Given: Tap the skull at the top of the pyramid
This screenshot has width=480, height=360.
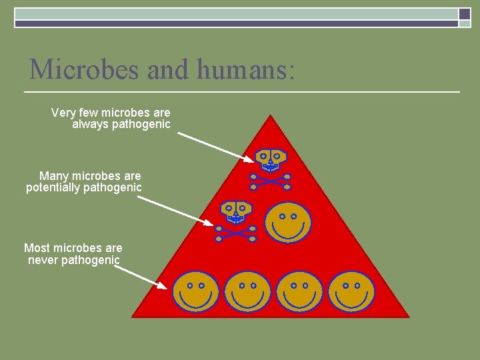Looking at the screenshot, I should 270,158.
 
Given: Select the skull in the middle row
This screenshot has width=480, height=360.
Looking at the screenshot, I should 235,212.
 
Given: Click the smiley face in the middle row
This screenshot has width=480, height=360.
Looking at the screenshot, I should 288,223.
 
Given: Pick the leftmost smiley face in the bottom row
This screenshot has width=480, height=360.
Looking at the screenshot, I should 195,292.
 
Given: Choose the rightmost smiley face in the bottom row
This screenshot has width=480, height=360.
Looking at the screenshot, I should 351,292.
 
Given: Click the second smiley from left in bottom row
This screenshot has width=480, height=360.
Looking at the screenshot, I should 247,292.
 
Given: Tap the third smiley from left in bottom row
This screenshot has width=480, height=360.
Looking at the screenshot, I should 299,292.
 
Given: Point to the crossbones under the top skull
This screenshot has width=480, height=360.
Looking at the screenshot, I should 270,181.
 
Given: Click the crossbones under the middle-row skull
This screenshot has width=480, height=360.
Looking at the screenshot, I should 235,234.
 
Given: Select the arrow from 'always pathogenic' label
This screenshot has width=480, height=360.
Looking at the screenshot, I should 212,146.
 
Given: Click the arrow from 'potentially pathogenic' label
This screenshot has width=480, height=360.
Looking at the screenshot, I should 177,209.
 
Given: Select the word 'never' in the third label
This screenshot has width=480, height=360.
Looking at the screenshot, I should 43,260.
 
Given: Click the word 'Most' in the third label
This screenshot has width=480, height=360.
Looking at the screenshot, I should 37,248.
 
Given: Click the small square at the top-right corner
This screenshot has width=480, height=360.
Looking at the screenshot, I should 465,15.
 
